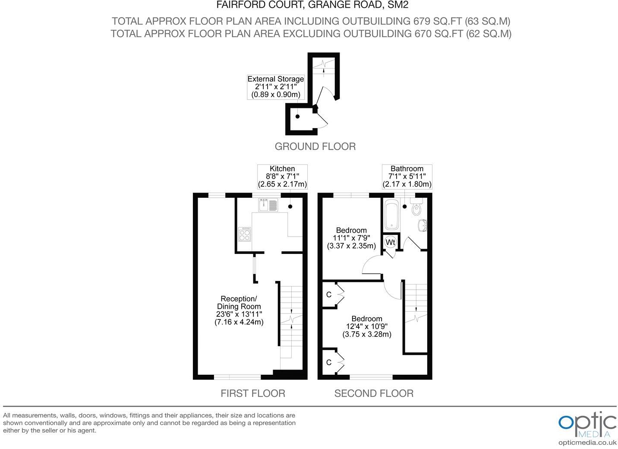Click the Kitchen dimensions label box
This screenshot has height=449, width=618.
pos(282,177)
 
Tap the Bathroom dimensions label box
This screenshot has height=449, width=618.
pos(407,177)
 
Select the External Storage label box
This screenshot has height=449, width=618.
pos(276,87)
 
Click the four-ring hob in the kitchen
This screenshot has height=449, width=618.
pos(245,234)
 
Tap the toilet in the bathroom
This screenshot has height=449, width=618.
pos(417,209)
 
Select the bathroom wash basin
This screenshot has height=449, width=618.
pos(423,225)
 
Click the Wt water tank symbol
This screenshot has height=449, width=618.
pos(390,242)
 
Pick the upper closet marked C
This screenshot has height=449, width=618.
pos(329,294)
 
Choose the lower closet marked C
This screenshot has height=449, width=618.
pos(329,362)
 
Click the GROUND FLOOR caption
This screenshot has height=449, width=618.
pos(315,146)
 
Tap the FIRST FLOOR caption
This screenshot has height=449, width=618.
pos(253,393)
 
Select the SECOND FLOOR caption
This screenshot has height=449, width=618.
pos(374,393)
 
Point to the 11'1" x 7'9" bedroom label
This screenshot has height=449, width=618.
pos(351,238)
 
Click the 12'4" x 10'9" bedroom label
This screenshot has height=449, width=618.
pos(367,326)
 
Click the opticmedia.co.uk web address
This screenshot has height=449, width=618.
pos(587,443)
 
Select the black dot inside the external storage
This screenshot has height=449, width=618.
pos(297,117)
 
